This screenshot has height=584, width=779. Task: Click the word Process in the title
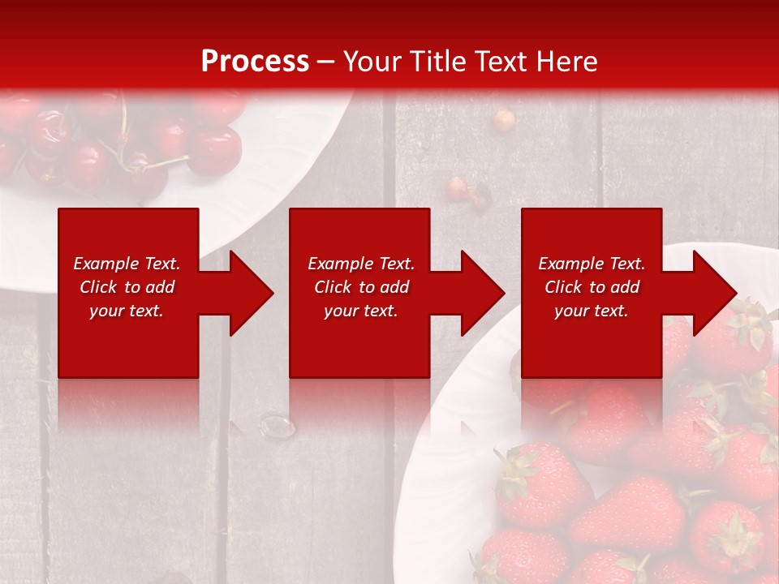point(255,62)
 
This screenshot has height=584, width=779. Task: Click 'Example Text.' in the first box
point(127,264)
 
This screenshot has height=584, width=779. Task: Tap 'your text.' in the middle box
point(360,311)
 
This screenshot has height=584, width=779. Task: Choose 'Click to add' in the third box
point(592,287)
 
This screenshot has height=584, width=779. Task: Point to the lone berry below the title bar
point(504,120)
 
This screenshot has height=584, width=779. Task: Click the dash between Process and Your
point(326,62)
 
